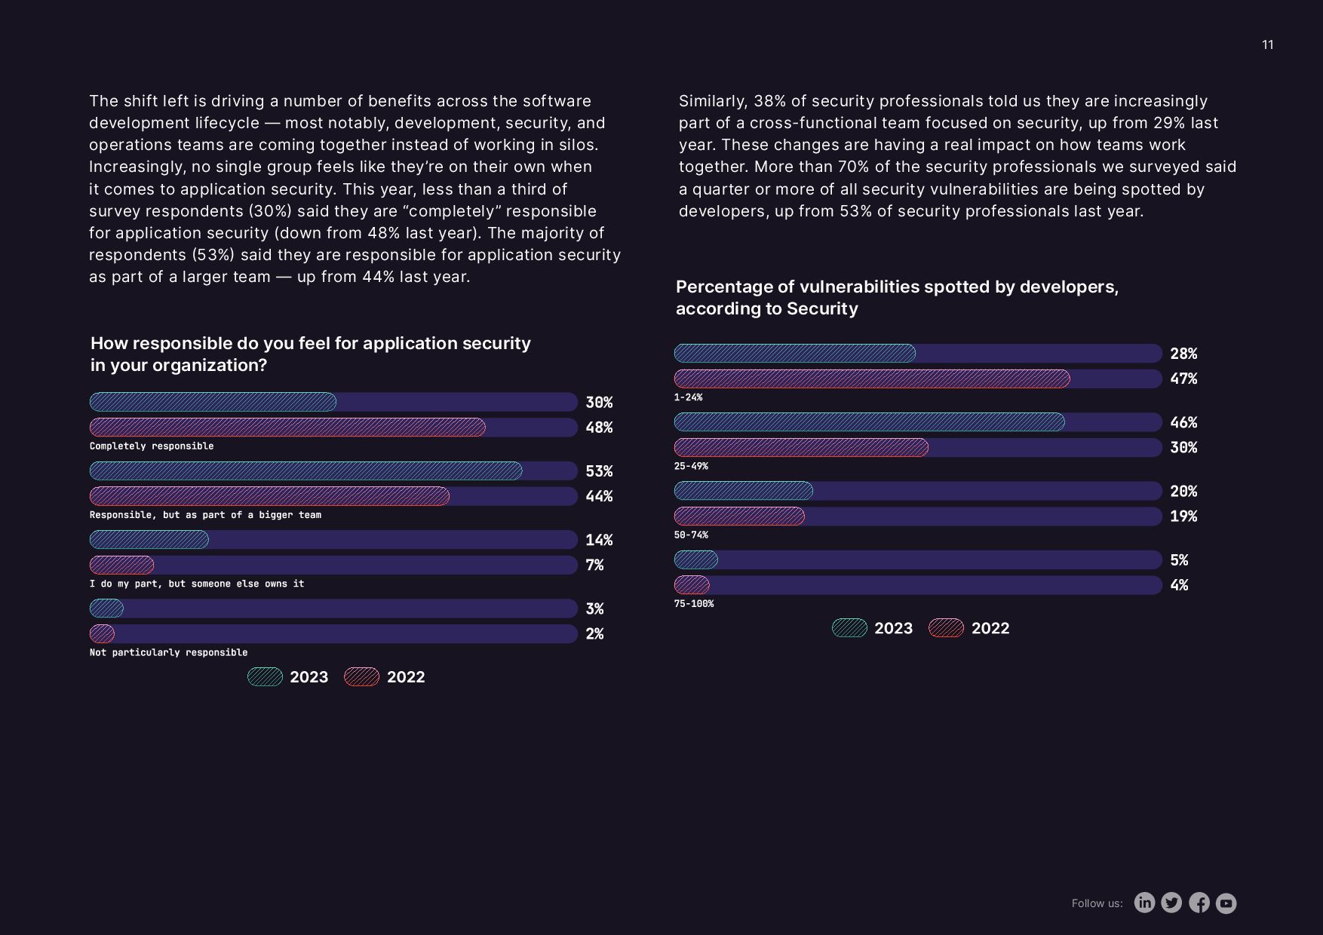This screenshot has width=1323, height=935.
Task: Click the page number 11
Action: point(1267,45)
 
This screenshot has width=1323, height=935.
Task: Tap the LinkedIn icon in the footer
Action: point(1144,903)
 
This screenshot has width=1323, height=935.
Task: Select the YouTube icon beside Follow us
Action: point(1226,903)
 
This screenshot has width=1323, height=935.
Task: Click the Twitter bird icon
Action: point(1171,903)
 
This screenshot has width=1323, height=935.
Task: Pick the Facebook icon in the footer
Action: point(1199,903)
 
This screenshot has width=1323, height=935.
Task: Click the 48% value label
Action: point(599,428)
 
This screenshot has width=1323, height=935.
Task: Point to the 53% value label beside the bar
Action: point(599,471)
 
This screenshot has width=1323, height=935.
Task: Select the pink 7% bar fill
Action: point(121,565)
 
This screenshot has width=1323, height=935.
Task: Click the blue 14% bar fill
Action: point(149,540)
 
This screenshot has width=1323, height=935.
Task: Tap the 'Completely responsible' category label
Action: point(152,446)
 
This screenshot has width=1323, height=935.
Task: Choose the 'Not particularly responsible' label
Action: point(168,652)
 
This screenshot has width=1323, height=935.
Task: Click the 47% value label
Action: point(1183,379)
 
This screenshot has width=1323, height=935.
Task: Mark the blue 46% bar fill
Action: point(869,422)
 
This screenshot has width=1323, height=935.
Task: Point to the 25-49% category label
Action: point(691,466)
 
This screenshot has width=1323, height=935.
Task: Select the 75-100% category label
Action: point(694,604)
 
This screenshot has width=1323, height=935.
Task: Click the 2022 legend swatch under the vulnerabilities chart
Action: point(946,628)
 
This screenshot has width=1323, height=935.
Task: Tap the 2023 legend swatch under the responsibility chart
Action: point(266,677)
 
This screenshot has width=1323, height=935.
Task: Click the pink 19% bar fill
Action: point(739,517)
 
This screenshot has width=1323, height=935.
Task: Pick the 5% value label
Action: point(1179,560)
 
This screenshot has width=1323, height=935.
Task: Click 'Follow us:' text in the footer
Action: point(1097,903)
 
